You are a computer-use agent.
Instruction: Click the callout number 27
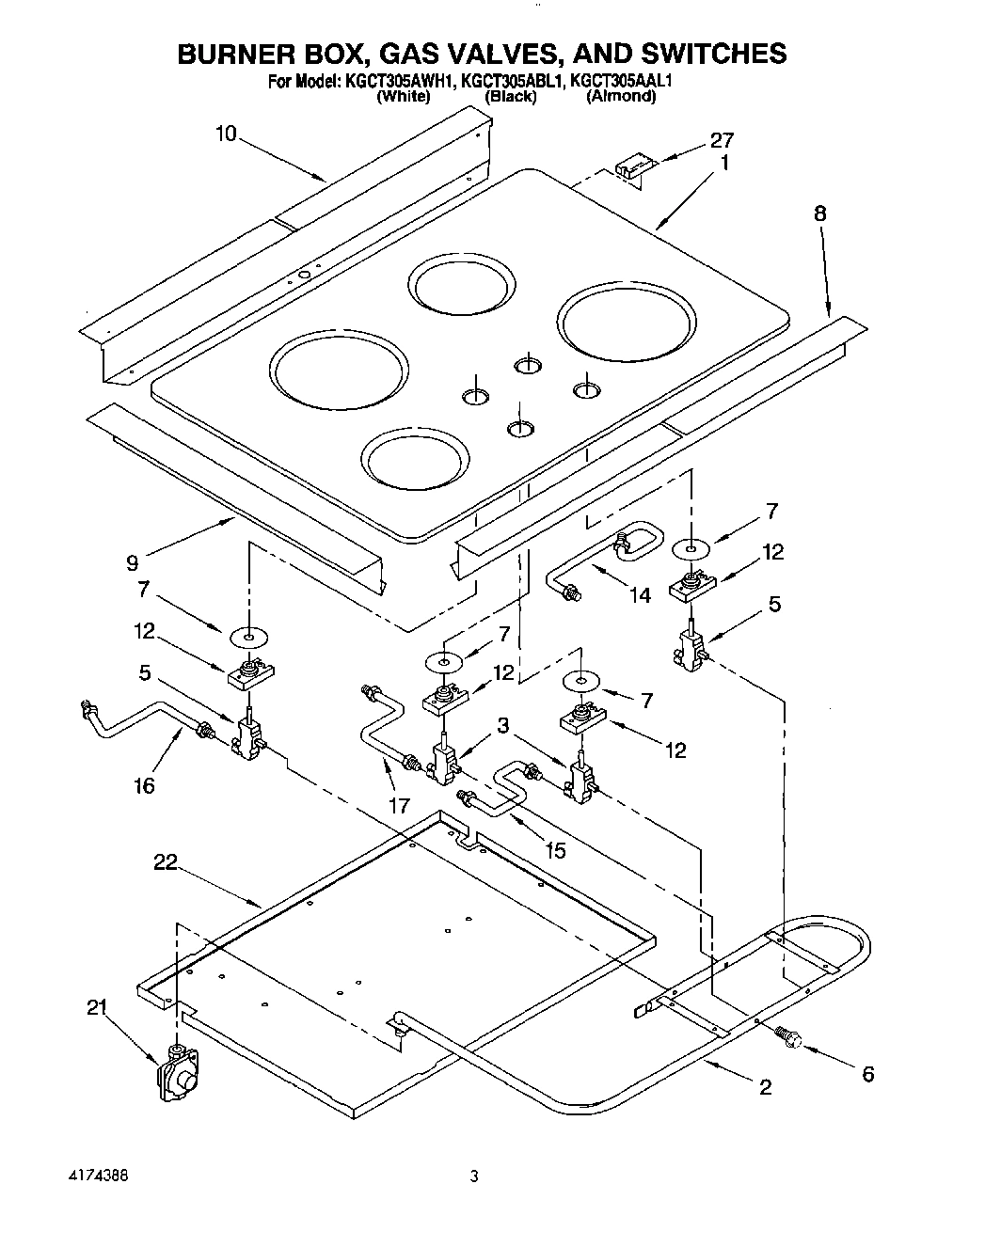(x=722, y=141)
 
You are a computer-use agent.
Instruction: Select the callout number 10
(x=226, y=134)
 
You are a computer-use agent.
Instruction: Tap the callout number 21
(x=97, y=1007)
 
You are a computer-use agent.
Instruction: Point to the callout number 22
(x=166, y=862)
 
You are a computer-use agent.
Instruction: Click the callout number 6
(x=867, y=1074)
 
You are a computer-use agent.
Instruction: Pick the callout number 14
(x=640, y=595)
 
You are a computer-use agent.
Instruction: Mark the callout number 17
(x=399, y=805)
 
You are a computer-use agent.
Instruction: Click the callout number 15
(x=555, y=850)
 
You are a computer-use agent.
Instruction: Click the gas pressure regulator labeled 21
(x=178, y=1071)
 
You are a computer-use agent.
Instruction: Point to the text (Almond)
(x=620, y=96)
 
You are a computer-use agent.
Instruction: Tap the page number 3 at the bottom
(x=474, y=1176)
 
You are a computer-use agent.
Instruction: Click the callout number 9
(x=132, y=563)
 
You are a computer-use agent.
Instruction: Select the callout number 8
(x=819, y=213)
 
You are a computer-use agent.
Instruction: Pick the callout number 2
(x=765, y=1087)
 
